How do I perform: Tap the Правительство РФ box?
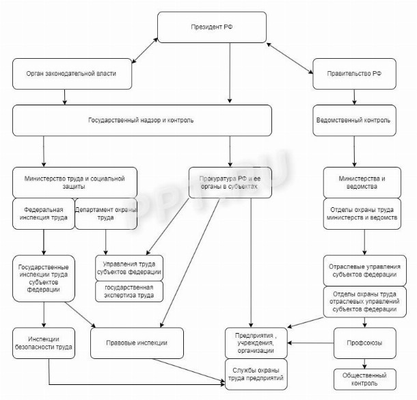[x=353, y=74]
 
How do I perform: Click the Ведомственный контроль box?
[x=353, y=120]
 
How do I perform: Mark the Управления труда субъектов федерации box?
[x=129, y=267]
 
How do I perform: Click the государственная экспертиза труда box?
[x=129, y=291]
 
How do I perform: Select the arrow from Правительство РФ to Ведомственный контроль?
[x=353, y=96]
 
